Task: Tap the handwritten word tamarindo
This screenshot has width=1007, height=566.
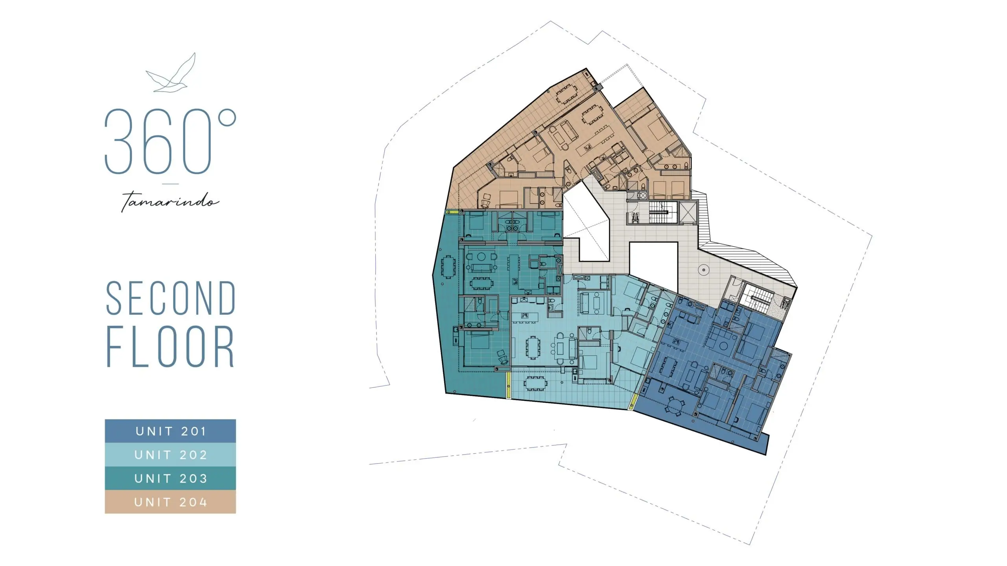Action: [170, 202]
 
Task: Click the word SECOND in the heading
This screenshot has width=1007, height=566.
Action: [171, 298]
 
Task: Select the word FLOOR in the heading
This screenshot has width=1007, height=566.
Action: [170, 346]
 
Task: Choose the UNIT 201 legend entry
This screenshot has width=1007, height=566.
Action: [170, 431]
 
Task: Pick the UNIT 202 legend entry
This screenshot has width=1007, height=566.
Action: [170, 455]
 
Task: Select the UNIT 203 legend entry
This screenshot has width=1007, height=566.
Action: [170, 478]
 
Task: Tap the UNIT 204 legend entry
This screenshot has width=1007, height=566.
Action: [170, 502]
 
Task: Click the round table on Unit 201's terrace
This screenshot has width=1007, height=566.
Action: [675, 405]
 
